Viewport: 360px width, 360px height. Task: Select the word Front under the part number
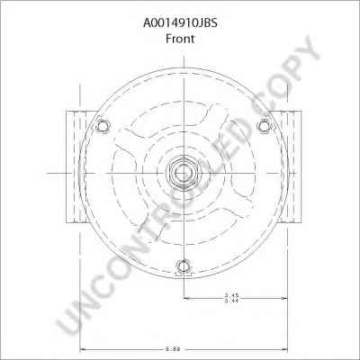(179, 28)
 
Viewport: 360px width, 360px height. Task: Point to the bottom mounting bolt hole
(184, 265)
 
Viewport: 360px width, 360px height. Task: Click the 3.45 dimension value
(230, 295)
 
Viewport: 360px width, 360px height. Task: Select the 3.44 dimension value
(230, 302)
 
